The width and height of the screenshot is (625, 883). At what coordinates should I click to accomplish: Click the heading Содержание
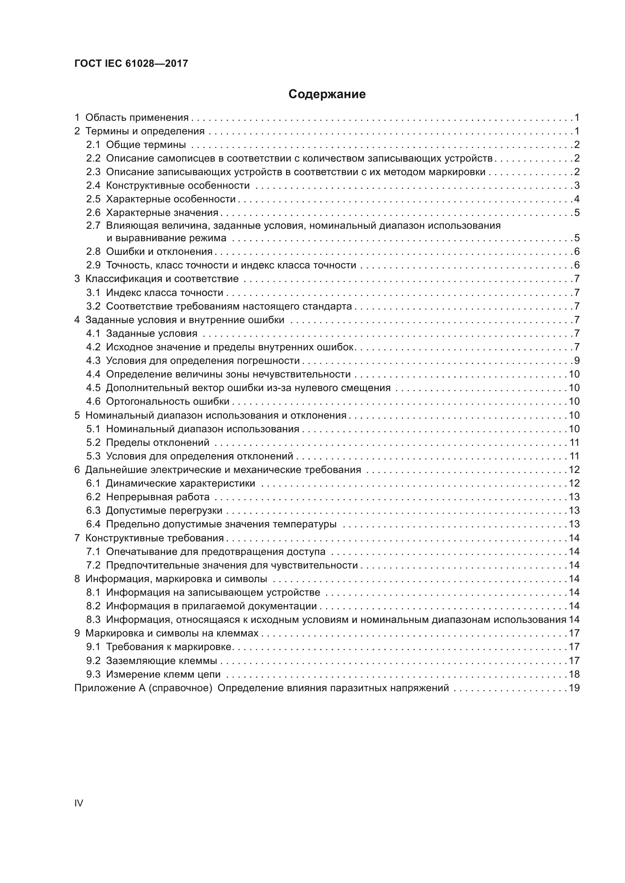click(x=327, y=94)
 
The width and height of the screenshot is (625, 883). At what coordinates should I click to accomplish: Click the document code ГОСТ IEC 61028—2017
click(x=131, y=63)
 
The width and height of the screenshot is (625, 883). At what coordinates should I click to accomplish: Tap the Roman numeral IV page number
click(x=79, y=803)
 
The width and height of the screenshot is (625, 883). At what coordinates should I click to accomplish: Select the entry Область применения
click(x=137, y=117)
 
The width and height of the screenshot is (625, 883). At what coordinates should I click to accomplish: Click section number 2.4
click(x=93, y=185)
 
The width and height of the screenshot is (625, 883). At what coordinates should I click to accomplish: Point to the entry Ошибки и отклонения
click(x=159, y=251)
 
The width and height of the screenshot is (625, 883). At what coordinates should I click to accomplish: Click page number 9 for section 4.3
click(x=577, y=361)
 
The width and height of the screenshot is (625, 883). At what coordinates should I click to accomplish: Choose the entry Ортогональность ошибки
click(x=167, y=402)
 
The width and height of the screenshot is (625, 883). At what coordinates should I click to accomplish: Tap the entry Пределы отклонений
click(x=158, y=442)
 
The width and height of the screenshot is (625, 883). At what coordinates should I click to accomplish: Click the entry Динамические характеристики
click(x=180, y=483)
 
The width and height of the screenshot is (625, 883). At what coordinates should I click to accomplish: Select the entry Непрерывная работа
click(x=158, y=497)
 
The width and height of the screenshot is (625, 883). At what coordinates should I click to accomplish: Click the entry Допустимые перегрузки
click(x=164, y=510)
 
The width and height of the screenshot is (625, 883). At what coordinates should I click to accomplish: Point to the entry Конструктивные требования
click(x=154, y=538)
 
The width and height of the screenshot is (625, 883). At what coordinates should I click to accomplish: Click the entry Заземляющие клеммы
click(x=161, y=661)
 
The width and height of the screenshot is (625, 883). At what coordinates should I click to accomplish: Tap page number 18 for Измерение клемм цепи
click(x=574, y=674)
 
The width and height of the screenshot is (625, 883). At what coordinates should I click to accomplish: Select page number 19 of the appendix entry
click(x=574, y=688)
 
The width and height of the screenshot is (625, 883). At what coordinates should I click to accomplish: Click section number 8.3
click(x=93, y=619)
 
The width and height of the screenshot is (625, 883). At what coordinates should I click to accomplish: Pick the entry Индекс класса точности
click(x=164, y=293)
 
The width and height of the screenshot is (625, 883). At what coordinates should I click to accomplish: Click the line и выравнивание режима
click(x=166, y=238)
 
